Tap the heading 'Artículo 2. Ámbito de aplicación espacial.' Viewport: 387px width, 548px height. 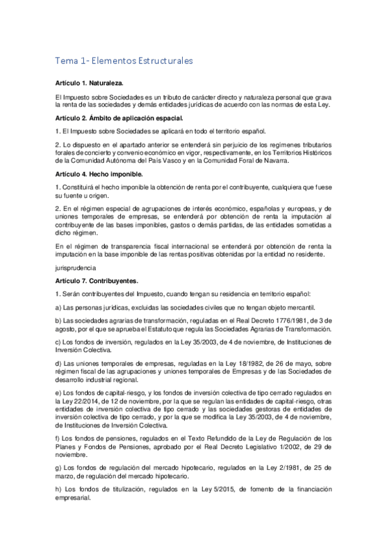click(119, 118)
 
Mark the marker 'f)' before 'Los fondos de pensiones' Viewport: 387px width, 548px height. click(58, 438)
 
